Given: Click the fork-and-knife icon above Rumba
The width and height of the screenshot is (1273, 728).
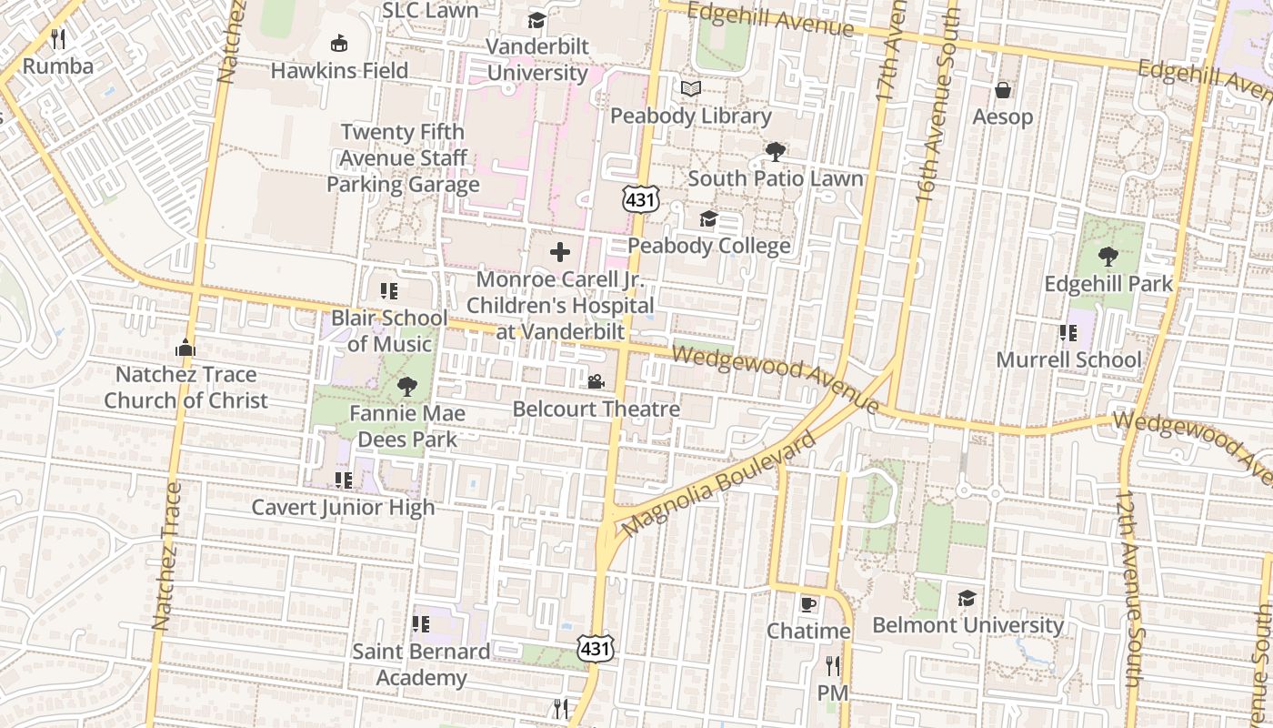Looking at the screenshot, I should tap(59, 38).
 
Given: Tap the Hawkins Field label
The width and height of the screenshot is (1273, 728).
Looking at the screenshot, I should tap(339, 70).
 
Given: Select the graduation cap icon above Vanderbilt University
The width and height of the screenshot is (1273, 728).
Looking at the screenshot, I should tap(537, 20).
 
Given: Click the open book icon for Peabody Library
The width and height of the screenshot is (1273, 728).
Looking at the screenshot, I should tap(691, 89).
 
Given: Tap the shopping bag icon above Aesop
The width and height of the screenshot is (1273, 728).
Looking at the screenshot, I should tap(1003, 90).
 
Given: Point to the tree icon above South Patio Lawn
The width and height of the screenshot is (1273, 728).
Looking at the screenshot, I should tap(775, 151).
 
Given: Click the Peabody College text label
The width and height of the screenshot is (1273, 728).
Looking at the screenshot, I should tap(709, 246).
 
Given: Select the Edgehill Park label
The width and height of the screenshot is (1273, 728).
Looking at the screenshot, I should tap(1108, 284).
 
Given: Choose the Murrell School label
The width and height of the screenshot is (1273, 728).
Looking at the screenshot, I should tap(1068, 359).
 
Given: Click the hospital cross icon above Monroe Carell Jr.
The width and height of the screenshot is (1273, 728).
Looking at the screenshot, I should tap(560, 252).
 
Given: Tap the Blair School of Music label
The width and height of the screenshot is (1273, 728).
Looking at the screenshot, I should tap(389, 331).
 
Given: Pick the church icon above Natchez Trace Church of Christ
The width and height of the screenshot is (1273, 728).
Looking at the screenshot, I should tap(185, 348).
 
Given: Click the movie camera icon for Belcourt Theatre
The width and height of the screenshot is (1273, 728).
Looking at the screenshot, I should tap(596, 382).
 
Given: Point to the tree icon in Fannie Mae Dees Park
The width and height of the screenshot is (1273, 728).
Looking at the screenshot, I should tap(406, 387).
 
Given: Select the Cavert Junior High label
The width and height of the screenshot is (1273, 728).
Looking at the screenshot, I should tap(343, 507).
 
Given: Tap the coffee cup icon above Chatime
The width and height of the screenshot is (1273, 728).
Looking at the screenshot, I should tap(808, 604).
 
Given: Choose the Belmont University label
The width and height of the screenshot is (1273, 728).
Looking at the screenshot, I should tap(967, 625).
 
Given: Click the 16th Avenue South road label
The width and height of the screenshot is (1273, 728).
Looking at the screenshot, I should tap(938, 100).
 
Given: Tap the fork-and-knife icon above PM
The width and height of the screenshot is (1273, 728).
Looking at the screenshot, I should tap(832, 666).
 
